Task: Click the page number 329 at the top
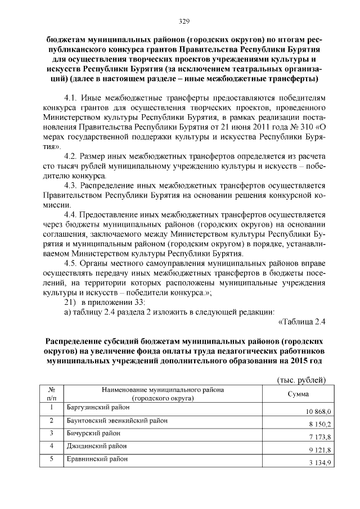click(180, 21)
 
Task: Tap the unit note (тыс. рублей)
click(302, 380)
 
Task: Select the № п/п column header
click(51, 394)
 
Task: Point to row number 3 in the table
click(51, 433)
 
